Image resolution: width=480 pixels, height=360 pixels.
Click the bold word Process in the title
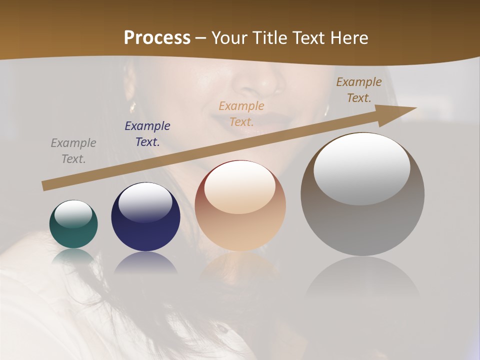157,38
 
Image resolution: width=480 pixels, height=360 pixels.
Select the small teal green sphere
73,224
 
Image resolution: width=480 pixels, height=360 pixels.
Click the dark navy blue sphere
145,217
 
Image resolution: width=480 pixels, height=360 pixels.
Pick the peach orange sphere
240,205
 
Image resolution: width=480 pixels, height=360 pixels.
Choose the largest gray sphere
362,194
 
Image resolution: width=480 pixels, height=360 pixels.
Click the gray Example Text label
73,151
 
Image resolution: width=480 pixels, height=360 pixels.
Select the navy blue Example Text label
147,134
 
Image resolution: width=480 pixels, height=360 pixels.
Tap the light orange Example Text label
241,113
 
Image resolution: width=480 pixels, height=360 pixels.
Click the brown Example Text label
359,90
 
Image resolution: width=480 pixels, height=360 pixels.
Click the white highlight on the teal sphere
73,213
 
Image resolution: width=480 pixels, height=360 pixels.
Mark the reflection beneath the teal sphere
73,256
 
